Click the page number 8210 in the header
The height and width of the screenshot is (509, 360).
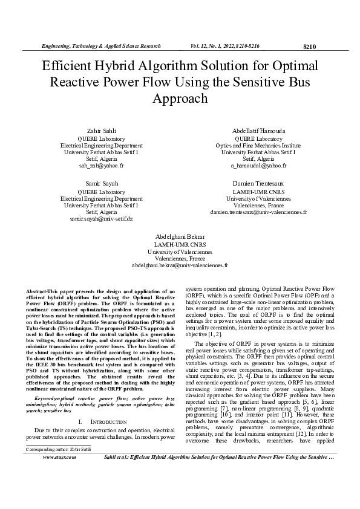click(309, 47)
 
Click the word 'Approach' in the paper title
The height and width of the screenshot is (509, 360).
click(180, 98)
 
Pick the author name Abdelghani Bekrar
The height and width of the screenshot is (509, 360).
click(180, 235)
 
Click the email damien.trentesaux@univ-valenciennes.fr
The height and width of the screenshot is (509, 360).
click(258, 212)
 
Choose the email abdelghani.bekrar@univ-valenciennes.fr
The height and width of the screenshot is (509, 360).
click(180, 265)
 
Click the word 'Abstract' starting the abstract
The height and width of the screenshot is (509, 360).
click(37, 291)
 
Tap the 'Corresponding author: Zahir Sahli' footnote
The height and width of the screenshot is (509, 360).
click(57, 483)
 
